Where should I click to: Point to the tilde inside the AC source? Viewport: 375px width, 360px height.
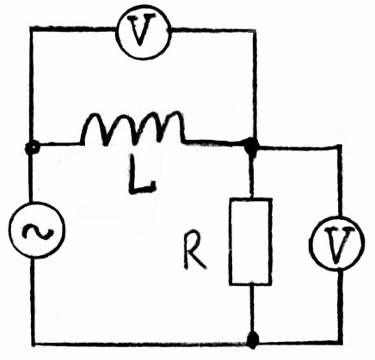(x=38, y=232)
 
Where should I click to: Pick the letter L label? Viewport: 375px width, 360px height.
(x=142, y=174)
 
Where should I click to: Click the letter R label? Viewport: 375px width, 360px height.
(x=194, y=253)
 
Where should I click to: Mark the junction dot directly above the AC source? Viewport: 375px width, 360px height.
(x=32, y=148)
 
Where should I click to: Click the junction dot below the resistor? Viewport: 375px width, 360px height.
(x=252, y=340)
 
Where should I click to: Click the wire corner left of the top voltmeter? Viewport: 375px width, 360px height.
(x=32, y=29)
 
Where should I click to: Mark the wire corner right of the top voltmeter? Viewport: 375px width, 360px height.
(x=255, y=31)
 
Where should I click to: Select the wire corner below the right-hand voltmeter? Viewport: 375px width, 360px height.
(x=341, y=342)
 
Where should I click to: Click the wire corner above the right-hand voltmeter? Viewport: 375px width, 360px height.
(x=340, y=147)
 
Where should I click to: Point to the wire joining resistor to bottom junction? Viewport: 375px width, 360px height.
(x=251, y=308)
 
